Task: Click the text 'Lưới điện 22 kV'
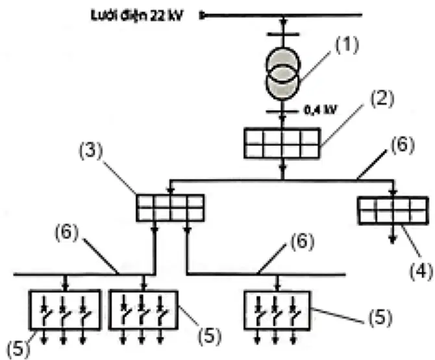click(137, 16)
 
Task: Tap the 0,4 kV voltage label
click(320, 110)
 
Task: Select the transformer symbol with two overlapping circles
click(282, 73)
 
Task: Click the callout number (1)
click(347, 45)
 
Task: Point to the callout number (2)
click(382, 99)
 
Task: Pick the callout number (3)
click(91, 151)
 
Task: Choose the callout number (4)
click(421, 270)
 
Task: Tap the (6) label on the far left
click(67, 232)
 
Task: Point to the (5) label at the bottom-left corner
click(18, 348)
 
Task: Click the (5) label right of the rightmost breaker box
click(380, 318)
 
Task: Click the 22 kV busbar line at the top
click(280, 15)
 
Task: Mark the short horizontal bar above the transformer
click(282, 34)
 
